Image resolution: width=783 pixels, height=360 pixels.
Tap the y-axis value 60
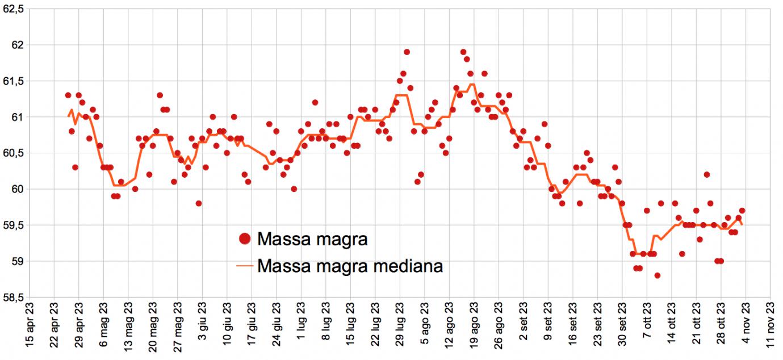click(x=17, y=189)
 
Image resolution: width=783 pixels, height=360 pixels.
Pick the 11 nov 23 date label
click(x=770, y=329)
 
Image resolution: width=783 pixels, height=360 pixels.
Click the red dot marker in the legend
click(x=245, y=239)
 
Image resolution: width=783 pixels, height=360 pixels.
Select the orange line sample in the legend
click(x=245, y=265)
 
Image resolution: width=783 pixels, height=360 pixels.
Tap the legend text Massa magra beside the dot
click(x=312, y=239)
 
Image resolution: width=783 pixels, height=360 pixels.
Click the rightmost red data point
click(x=742, y=211)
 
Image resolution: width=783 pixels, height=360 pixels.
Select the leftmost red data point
click(x=68, y=95)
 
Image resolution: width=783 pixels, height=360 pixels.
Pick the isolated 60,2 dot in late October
click(x=707, y=174)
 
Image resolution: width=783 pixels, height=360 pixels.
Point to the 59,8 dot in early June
click(x=199, y=203)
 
